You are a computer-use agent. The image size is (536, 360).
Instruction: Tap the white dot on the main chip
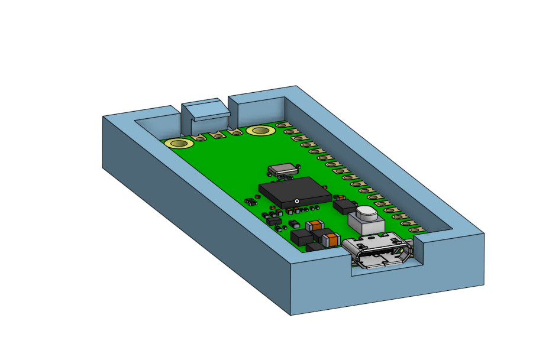pos(296,201)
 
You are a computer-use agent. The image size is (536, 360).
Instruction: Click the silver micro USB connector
pos(377,251)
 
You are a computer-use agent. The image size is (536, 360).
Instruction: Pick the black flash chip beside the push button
pos(345,206)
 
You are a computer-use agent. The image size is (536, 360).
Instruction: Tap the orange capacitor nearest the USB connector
pos(331,239)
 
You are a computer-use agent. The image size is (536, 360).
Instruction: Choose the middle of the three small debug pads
pos(218,135)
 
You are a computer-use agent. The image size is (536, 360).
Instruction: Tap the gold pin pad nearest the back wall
pos(283,125)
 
